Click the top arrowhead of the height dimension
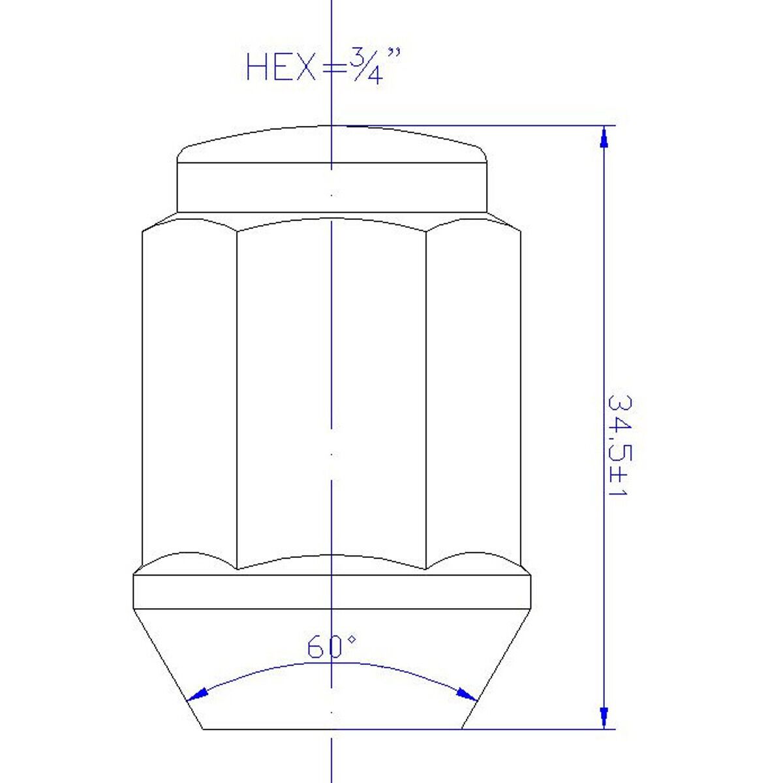coord(605,137)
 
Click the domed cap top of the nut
coord(331,144)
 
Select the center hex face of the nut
coord(331,391)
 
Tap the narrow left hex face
coord(189,391)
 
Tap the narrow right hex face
coord(473,391)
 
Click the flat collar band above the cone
coord(331,591)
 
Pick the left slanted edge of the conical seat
coord(168,669)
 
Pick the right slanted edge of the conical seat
coord(497,669)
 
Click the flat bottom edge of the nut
coord(331,729)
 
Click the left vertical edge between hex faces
coord(237,398)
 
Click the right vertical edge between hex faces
coord(426,398)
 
